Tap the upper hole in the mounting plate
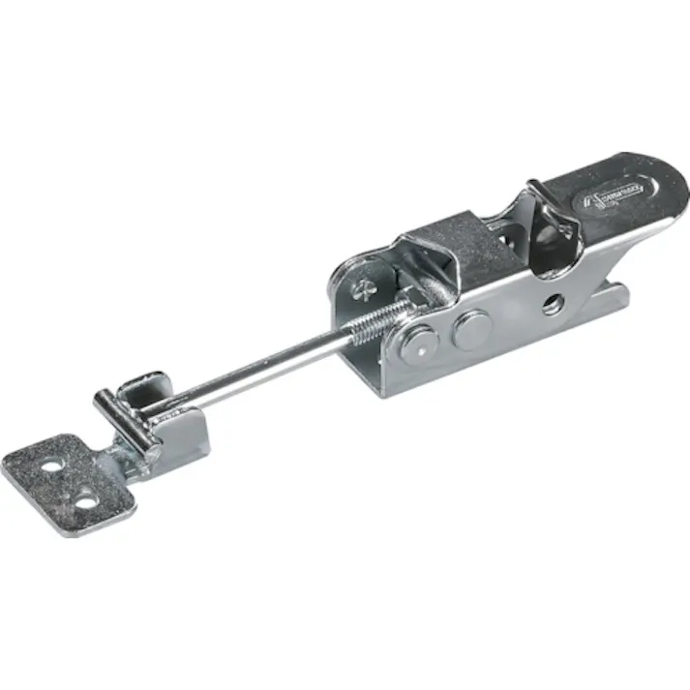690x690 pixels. [49, 466]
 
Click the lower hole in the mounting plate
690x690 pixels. [85, 501]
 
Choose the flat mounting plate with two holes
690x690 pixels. [68, 484]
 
